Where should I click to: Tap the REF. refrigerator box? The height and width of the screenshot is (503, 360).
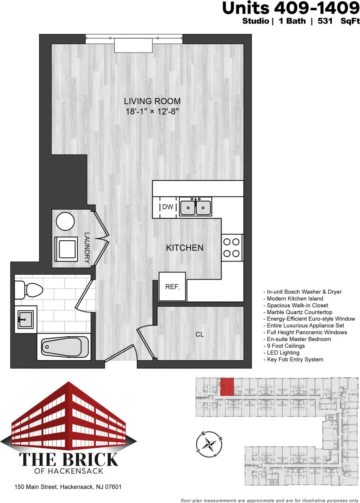click(x=173, y=286)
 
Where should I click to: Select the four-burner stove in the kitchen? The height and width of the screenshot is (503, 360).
click(x=232, y=247)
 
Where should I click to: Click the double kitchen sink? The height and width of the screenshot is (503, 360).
click(x=195, y=207)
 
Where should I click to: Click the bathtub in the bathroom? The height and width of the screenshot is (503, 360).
click(x=65, y=348)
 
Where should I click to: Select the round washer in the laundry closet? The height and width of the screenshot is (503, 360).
click(x=65, y=222)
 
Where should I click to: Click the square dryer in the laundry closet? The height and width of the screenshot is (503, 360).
click(x=66, y=249)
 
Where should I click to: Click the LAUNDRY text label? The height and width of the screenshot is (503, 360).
click(x=87, y=248)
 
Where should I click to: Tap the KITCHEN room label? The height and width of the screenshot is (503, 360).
click(x=184, y=248)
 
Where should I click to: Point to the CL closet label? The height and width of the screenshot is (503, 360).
click(x=200, y=335)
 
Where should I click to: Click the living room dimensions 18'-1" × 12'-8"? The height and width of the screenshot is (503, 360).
click(x=153, y=111)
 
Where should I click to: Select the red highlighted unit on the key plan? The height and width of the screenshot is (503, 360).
click(x=226, y=386)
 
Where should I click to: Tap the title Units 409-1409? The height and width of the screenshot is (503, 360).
click(x=291, y=8)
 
